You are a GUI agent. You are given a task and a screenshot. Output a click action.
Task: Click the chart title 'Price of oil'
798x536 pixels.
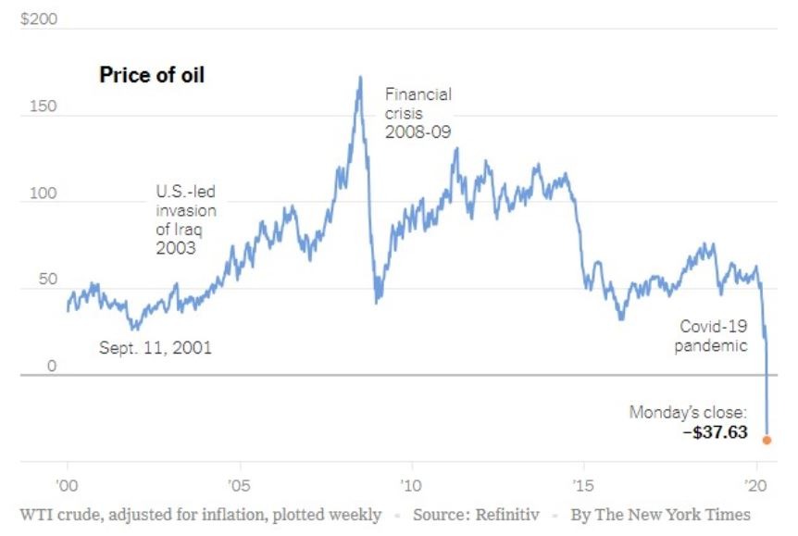tap(151, 76)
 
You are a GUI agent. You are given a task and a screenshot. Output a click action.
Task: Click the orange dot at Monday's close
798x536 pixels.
tap(767, 440)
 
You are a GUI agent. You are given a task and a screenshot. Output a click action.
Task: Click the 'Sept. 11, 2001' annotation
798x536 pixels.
tap(155, 349)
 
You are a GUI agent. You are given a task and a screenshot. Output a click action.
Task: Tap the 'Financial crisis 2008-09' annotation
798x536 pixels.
tap(418, 113)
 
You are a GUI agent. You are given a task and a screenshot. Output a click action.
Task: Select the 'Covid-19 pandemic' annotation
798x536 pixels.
tap(713, 336)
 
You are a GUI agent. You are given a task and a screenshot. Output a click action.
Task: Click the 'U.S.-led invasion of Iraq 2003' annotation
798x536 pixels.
tap(185, 220)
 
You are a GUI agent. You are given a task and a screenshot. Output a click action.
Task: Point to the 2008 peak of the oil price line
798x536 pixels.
tap(359, 78)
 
